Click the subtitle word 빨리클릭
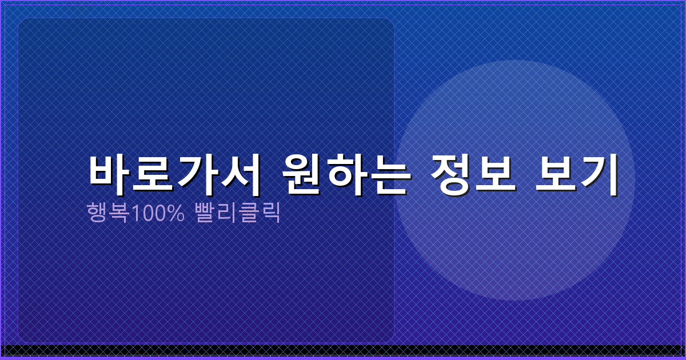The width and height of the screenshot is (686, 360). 237,213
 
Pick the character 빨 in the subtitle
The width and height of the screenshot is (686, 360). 205,213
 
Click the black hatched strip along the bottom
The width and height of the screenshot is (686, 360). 343,350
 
